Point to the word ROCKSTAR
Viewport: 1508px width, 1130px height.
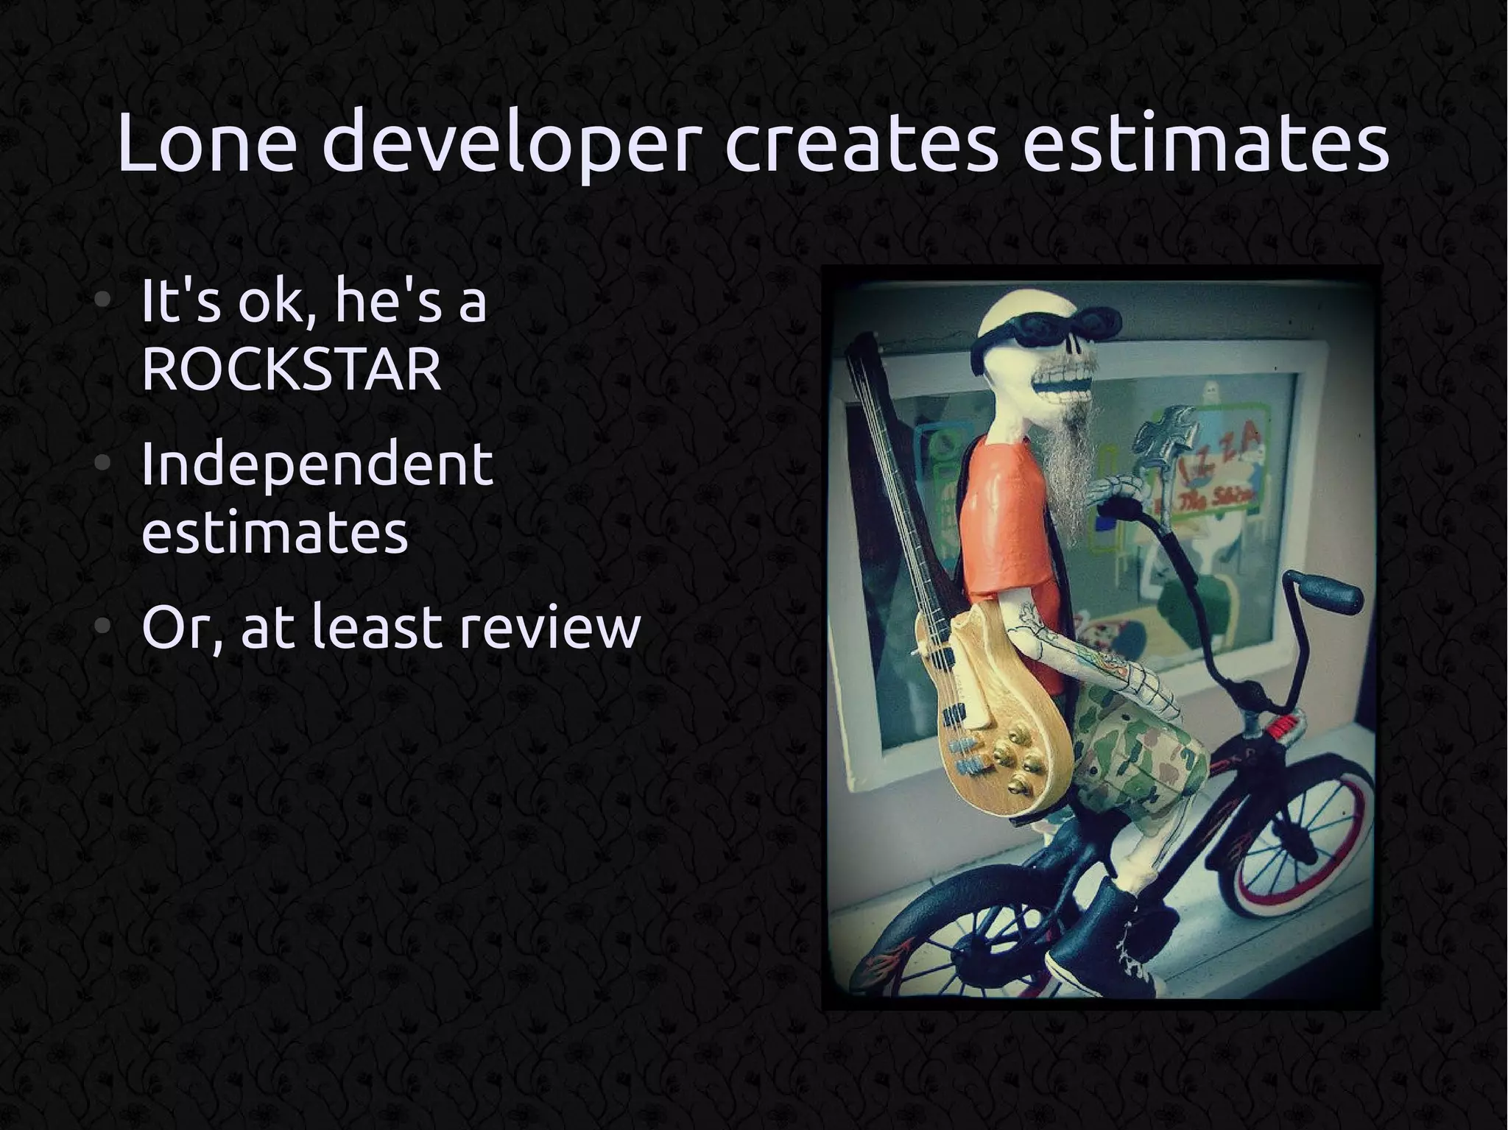291,370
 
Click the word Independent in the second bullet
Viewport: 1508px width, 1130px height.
317,465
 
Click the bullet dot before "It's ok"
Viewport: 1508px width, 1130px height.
104,301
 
